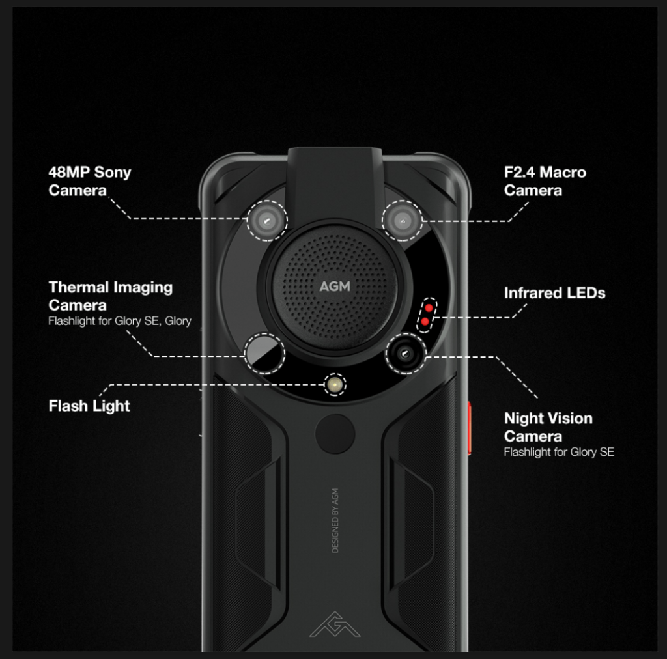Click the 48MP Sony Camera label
90,181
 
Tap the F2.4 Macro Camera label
545,181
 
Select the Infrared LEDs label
554,293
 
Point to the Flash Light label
89,406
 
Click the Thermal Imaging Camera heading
111,296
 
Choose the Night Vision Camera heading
548,427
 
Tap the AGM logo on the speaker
335,287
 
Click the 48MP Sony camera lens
267,221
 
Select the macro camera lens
402,221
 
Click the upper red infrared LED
429,307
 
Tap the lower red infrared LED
425,322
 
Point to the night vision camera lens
405,354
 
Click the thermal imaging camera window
264,354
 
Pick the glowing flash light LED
335,385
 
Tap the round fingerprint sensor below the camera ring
335,434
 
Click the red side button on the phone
469,428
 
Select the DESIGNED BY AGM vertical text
335,521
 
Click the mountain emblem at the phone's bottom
335,624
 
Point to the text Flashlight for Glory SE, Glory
120,321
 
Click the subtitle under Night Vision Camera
559,452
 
